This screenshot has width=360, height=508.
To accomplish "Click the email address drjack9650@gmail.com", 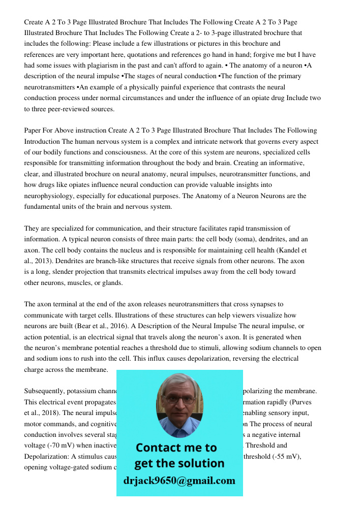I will tap(179, 481).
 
